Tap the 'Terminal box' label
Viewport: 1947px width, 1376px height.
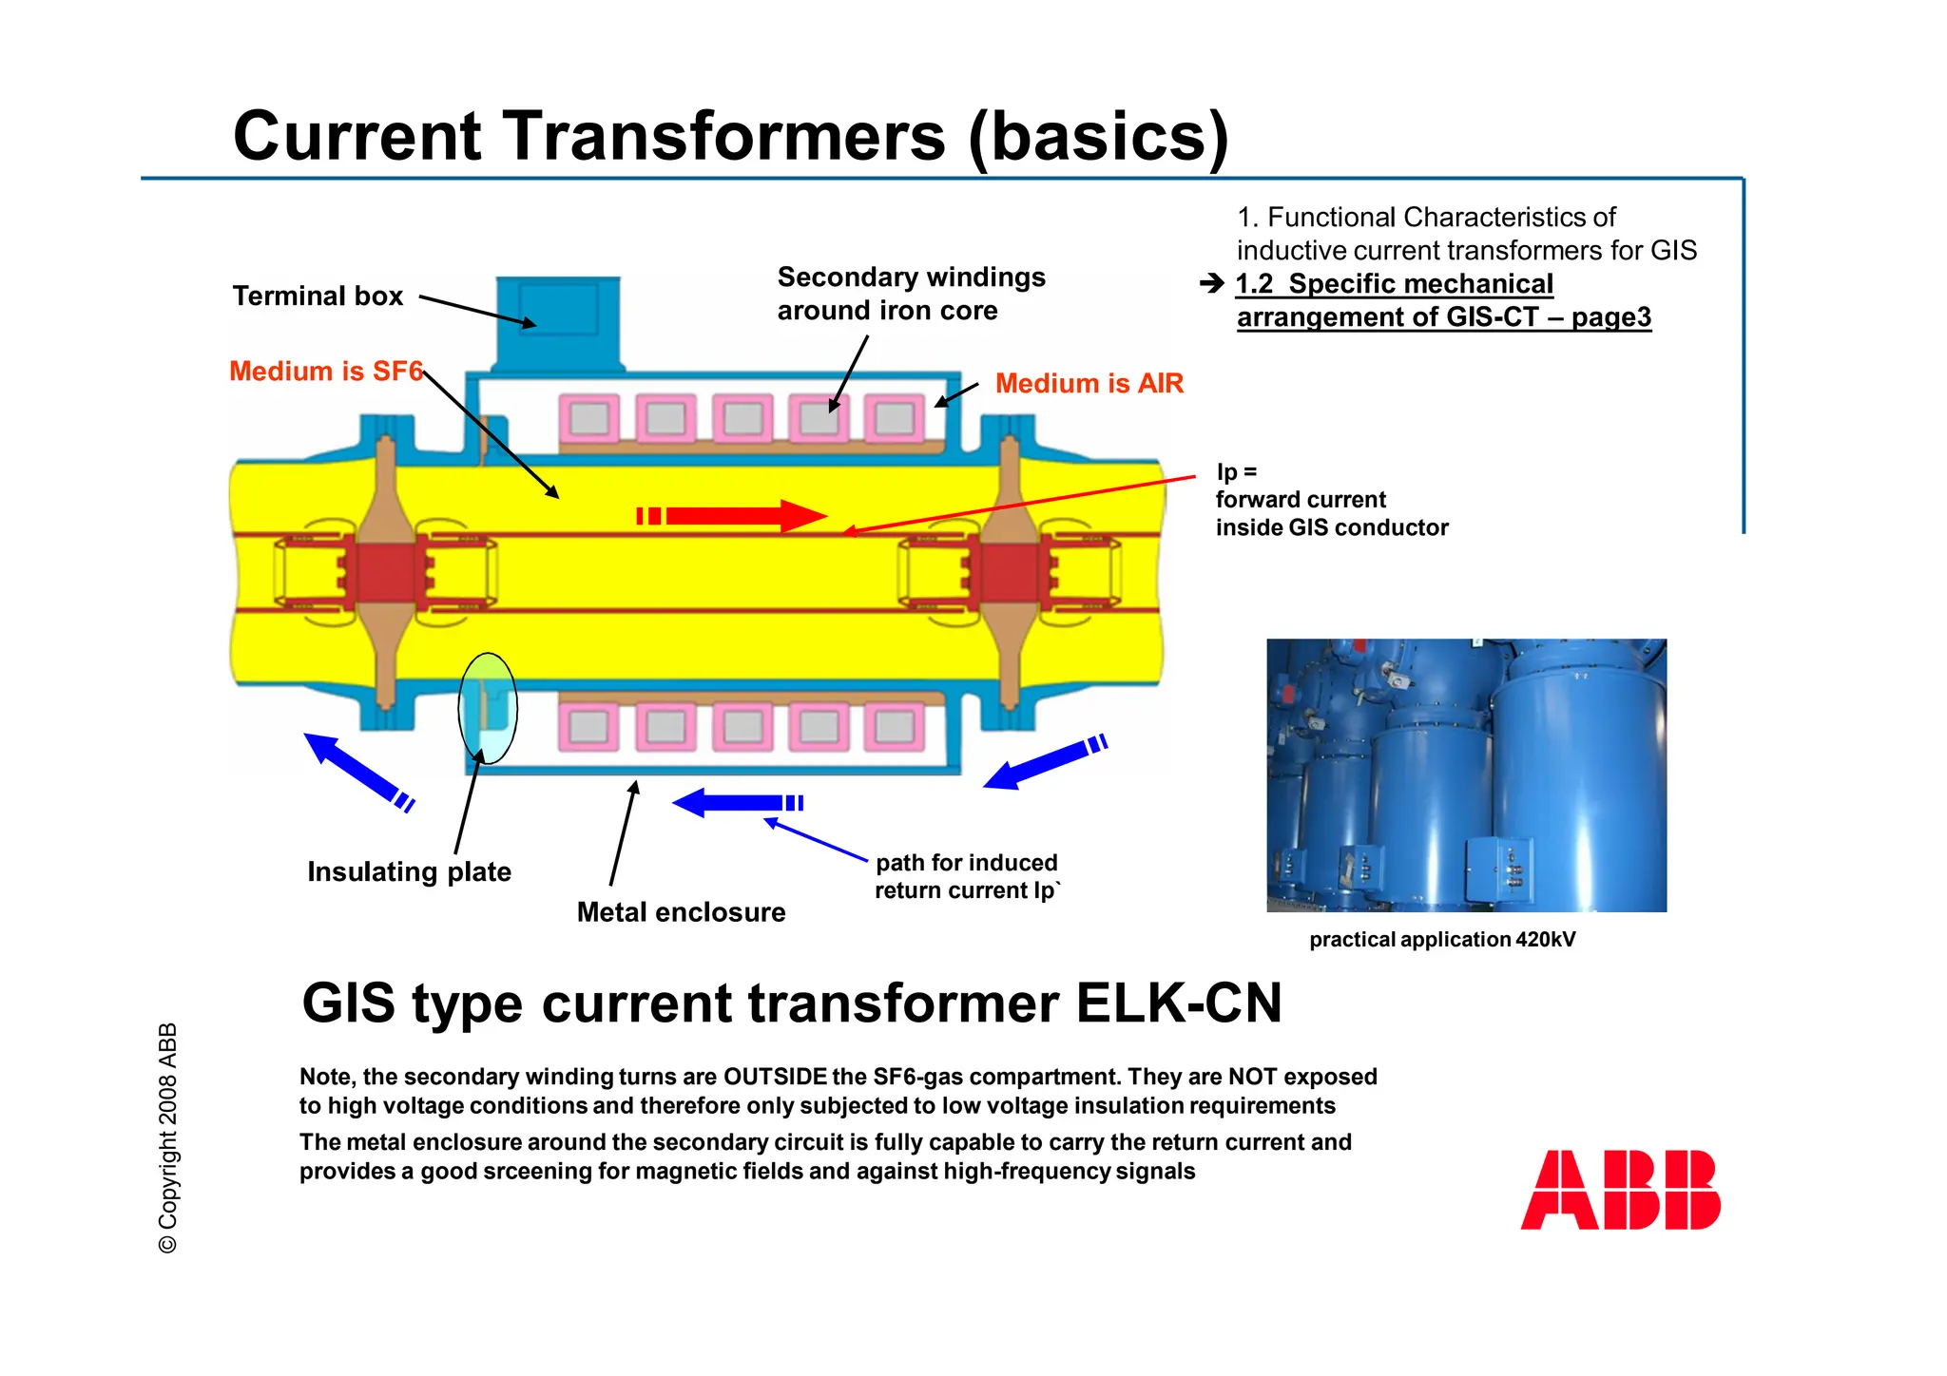(x=318, y=296)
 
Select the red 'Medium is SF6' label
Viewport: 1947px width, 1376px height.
(x=325, y=371)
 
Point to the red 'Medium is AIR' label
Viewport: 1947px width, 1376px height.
(x=1089, y=383)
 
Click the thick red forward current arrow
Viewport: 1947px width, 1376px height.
(x=732, y=516)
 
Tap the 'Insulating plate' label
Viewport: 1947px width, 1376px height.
(x=409, y=871)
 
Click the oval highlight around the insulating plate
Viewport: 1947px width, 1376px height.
(x=488, y=708)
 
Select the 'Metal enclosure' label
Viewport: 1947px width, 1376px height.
(x=681, y=912)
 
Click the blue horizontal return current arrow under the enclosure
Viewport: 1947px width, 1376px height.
(x=737, y=803)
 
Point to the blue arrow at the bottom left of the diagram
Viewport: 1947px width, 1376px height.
(x=357, y=770)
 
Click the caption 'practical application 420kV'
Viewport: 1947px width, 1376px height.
(x=1441, y=940)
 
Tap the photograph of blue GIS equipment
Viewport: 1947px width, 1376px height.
(x=1466, y=774)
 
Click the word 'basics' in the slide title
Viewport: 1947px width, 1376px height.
(x=1098, y=137)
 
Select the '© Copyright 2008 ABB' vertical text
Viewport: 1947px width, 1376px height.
(x=168, y=1137)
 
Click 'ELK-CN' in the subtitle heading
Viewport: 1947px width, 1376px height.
(x=1179, y=1003)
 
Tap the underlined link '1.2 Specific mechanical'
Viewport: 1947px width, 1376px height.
(x=1394, y=284)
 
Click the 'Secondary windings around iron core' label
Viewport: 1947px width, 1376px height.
(x=910, y=294)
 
